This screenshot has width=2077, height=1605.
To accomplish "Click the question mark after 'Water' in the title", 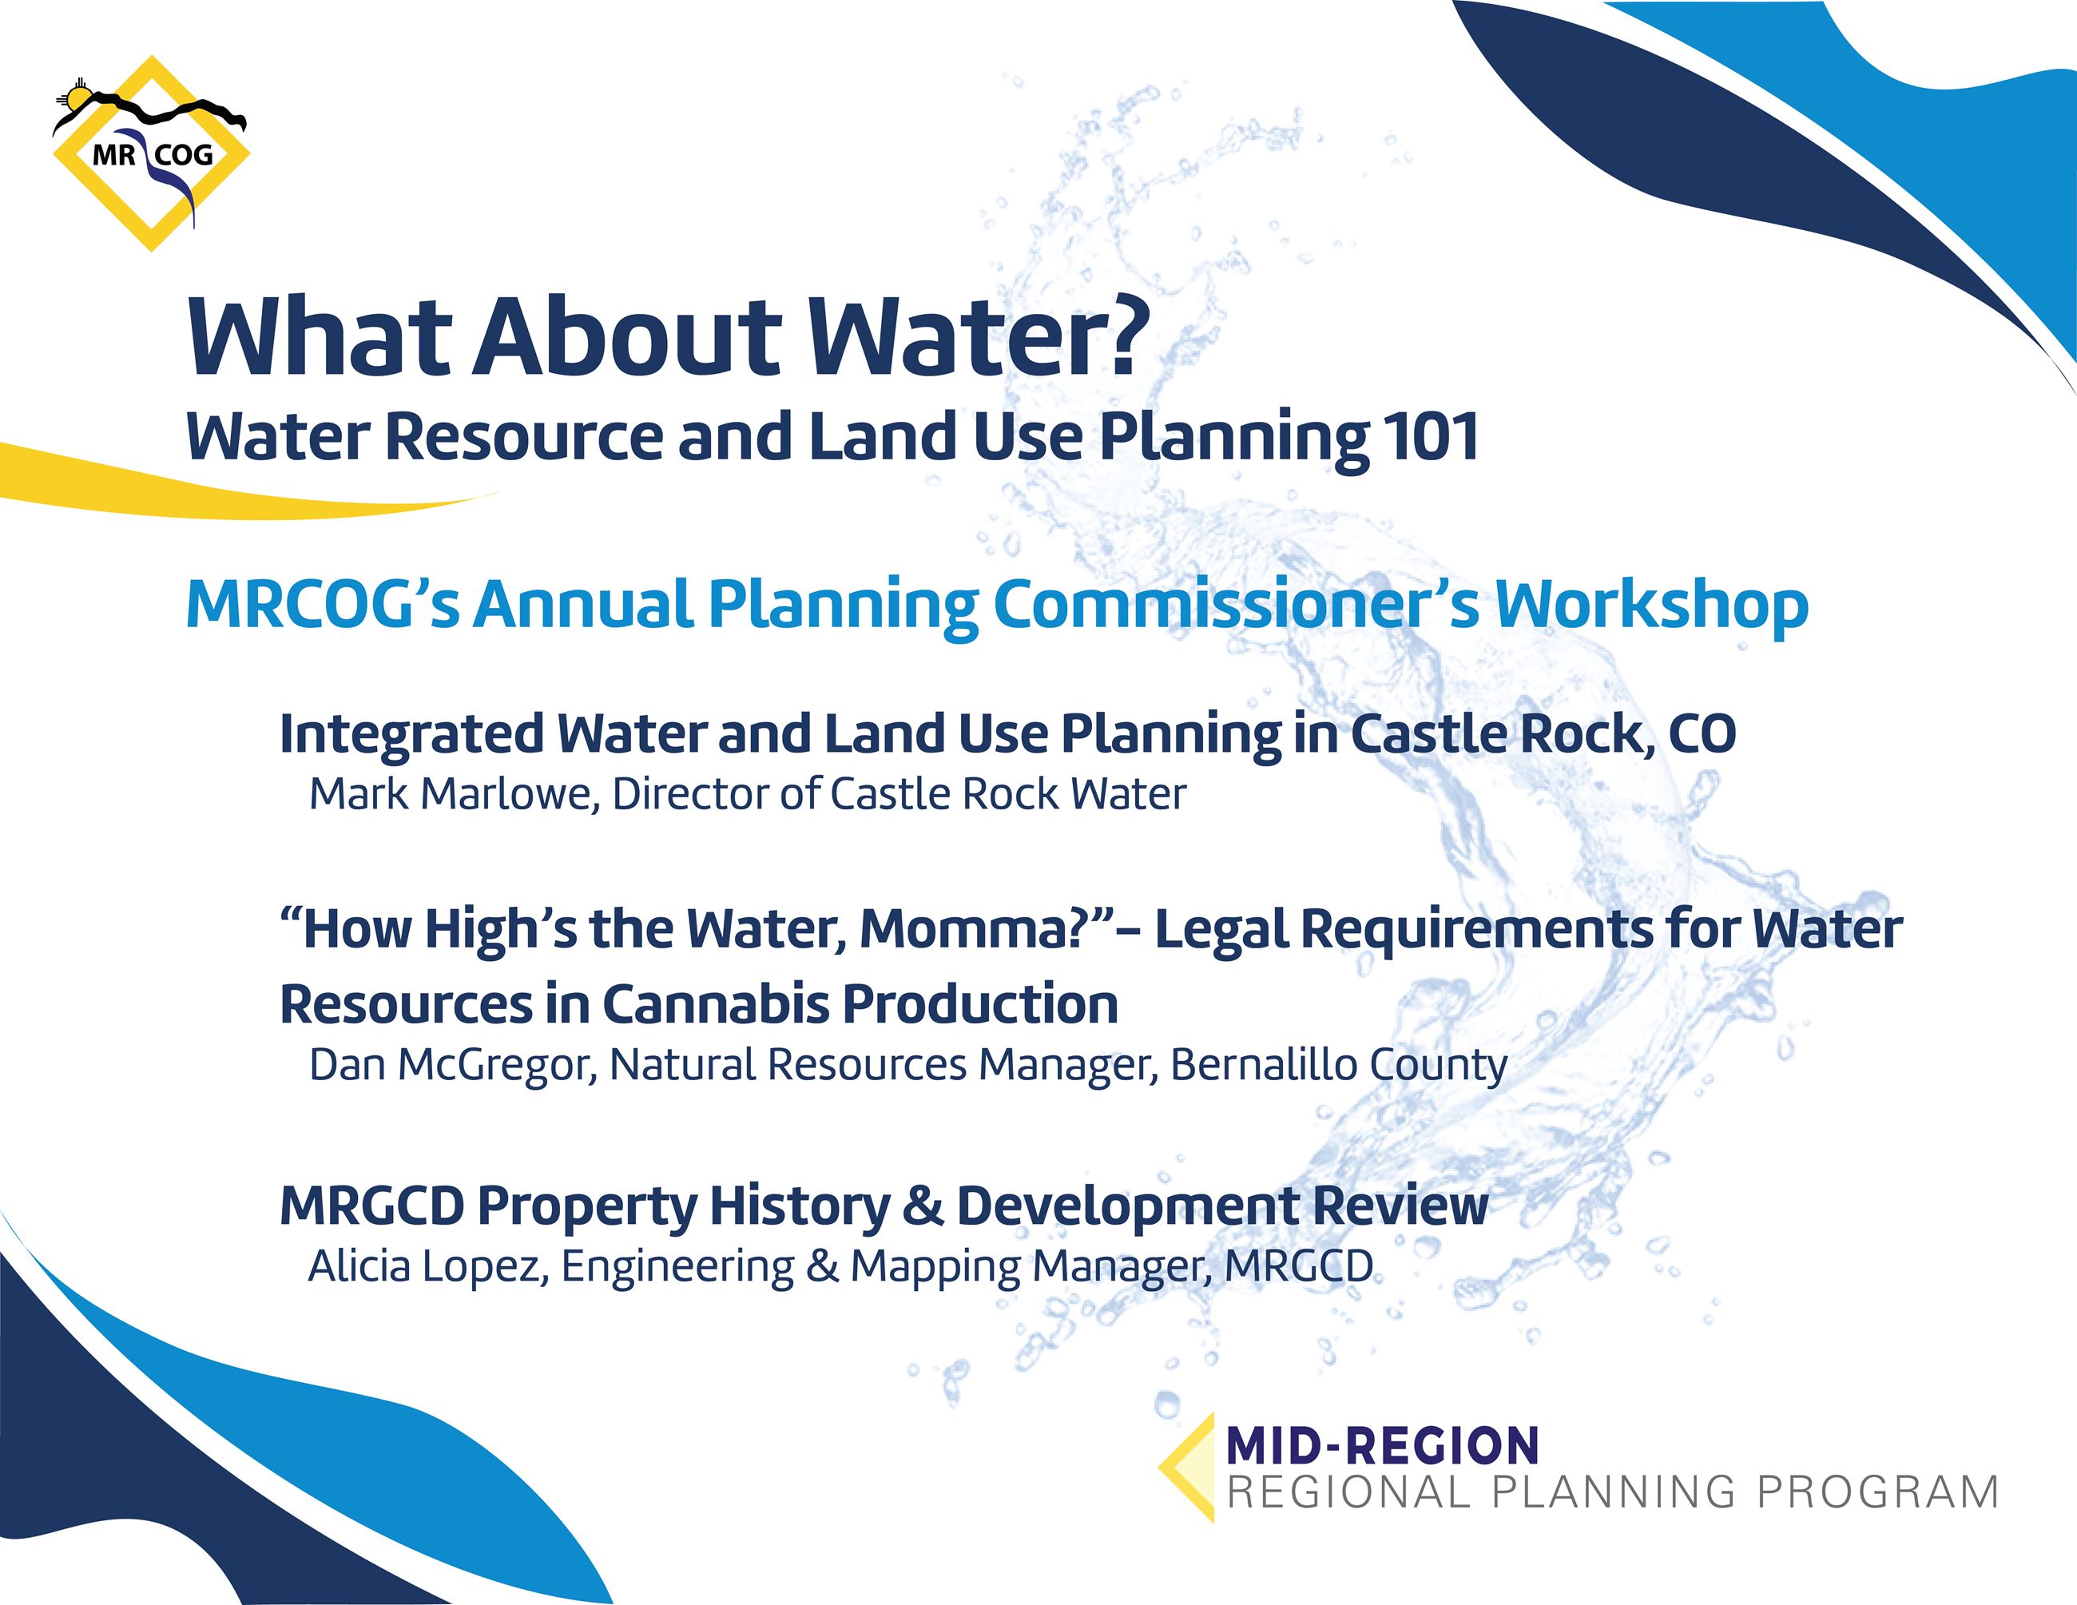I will point(1123,339).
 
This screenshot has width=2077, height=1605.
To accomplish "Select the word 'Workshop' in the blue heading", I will point(1652,606).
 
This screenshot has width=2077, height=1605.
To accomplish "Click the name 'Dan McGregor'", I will point(451,1065).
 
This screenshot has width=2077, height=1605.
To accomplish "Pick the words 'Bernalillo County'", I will point(1338,1065).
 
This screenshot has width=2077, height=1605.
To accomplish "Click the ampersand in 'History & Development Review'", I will point(923,1206).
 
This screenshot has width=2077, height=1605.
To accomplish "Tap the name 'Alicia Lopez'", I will point(427,1266).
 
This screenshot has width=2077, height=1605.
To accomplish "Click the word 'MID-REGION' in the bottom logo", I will point(1383,1446).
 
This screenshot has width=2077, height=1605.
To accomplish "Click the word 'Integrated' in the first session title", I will point(411,734).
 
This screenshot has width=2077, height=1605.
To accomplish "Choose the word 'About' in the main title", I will point(628,339).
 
